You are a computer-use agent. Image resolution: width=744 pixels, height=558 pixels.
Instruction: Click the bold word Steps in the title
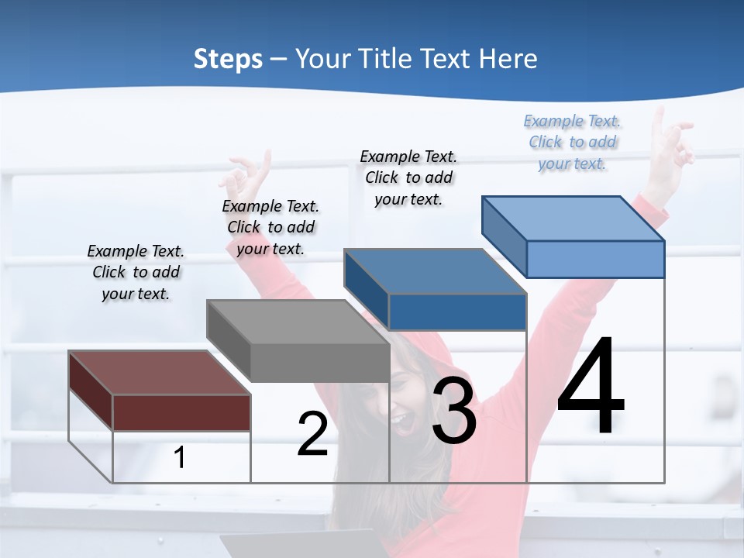228,59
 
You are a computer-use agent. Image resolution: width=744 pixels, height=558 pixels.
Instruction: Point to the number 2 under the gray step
312,434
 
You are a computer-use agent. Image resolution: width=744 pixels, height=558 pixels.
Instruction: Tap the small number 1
180,457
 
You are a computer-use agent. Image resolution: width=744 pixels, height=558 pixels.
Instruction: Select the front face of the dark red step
181,412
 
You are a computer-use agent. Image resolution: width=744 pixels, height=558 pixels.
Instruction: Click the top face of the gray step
297,322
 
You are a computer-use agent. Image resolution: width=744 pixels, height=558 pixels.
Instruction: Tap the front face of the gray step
319,363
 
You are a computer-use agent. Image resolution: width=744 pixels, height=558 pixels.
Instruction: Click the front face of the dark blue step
457,312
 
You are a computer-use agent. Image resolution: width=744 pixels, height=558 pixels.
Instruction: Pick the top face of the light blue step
573,218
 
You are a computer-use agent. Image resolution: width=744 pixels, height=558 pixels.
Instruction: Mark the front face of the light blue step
595,259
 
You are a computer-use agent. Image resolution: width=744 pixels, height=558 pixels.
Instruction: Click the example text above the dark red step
136,272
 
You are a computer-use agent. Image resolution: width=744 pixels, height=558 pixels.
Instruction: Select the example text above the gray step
270,227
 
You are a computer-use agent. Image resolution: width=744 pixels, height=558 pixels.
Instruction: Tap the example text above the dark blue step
408,177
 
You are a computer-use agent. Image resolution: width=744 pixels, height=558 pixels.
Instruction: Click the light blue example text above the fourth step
573,142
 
